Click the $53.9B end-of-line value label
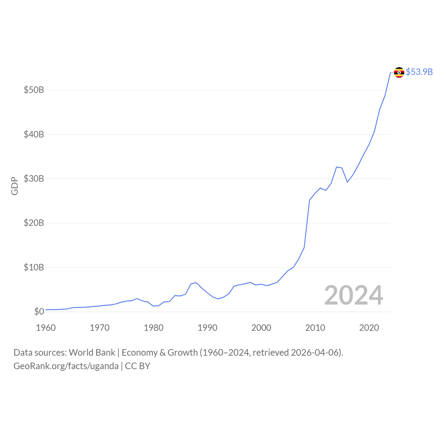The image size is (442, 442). tap(419, 72)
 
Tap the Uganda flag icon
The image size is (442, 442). tap(399, 72)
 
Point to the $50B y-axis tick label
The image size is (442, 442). tap(34, 90)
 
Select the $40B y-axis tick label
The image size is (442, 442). tap(34, 134)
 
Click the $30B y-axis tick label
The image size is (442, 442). tap(34, 179)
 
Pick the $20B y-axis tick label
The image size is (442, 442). tap(34, 223)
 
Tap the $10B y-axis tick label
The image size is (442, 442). tap(34, 267)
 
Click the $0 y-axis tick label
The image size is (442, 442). tap(39, 312)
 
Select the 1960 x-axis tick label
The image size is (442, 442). tap(46, 328)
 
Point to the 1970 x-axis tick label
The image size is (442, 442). tap(100, 328)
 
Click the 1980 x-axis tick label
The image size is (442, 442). tap(154, 328)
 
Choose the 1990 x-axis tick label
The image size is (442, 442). tap(208, 328)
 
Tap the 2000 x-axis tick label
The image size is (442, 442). tap(261, 328)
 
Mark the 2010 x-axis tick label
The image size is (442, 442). tap(315, 328)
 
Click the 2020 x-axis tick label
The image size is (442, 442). tap(369, 328)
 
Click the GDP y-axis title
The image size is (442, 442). tap(15, 186)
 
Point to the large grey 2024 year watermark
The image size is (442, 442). tap(354, 296)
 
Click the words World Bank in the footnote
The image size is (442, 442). tap(92, 353)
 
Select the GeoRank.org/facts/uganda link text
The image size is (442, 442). tap(66, 366)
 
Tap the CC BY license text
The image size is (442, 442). tap(137, 366)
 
